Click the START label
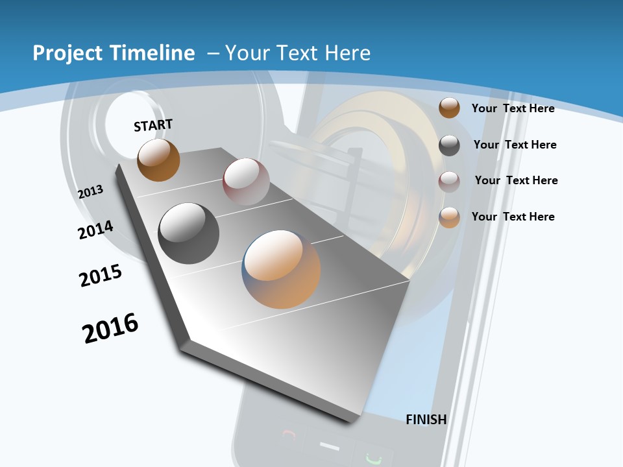click(153, 125)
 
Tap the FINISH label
click(426, 420)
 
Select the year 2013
click(91, 191)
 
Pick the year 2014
click(95, 230)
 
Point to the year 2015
click(101, 276)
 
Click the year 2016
click(110, 328)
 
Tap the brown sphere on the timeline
click(158, 160)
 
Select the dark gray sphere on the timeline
click(188, 233)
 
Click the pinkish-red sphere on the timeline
click(246, 181)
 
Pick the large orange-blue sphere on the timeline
click(281, 269)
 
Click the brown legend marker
click(449, 108)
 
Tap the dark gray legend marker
click(449, 145)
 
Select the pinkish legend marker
click(449, 181)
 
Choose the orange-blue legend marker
click(449, 217)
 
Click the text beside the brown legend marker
click(513, 108)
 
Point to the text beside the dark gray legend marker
click(515, 145)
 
